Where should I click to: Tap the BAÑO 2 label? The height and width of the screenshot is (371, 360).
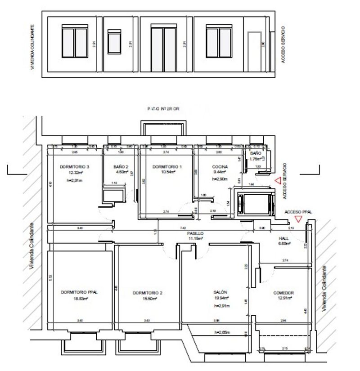point(121,167)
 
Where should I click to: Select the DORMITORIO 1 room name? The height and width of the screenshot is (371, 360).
point(167,167)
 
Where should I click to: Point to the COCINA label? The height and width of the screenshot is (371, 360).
point(220,167)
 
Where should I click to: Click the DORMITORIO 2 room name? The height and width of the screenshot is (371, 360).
point(148,293)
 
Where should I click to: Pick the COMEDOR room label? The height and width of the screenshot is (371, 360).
point(283,293)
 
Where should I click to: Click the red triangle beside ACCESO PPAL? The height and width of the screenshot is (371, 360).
point(297,219)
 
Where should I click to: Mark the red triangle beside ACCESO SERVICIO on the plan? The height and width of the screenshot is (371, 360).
point(278,181)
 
